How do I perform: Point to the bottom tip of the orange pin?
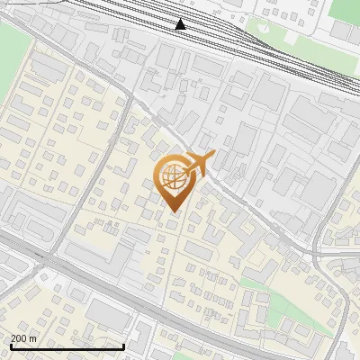[172, 211]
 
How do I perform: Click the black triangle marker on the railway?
[181, 24]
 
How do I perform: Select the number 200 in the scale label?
[20, 338]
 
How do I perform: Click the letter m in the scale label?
[33, 338]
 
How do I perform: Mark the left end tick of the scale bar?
[10, 346]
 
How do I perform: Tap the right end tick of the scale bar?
[123, 346]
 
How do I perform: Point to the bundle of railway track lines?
[225, 36]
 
